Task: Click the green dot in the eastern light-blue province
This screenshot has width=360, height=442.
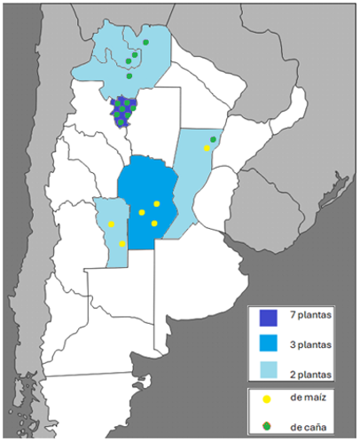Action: [x=213, y=139]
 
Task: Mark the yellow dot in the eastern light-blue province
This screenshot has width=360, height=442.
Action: [x=207, y=148]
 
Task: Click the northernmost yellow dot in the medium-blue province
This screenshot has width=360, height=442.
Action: [x=156, y=204]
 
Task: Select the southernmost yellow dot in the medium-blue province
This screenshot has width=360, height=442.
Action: [x=154, y=223]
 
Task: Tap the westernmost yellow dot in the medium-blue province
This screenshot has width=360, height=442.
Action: [x=141, y=212]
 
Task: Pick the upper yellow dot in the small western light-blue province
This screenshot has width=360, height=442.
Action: [x=111, y=224]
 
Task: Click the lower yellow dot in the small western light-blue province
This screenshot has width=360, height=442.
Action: [x=121, y=243]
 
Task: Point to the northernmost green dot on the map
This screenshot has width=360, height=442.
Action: [x=145, y=42]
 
